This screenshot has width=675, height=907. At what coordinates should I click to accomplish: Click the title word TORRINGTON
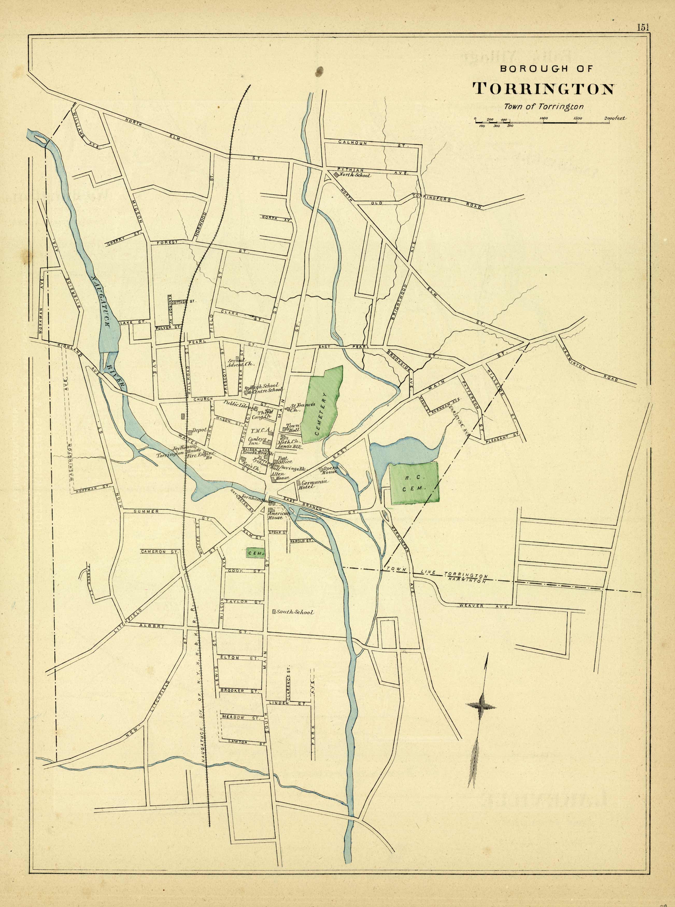(x=543, y=88)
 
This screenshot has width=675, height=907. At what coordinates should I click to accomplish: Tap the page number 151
(x=642, y=27)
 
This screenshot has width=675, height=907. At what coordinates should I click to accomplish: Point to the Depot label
(x=199, y=430)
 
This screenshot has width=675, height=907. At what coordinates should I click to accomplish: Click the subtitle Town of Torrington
(x=543, y=107)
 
